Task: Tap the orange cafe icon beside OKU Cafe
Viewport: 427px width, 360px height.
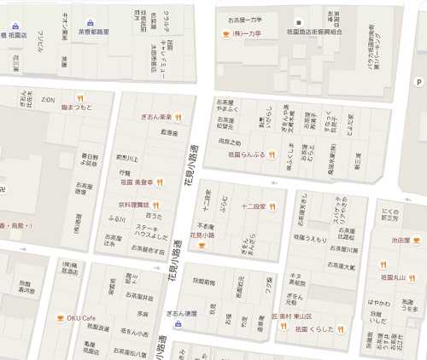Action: tap(60, 318)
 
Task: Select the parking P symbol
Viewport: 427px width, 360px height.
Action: tap(418, 82)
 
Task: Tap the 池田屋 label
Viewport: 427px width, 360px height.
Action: tap(402, 241)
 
